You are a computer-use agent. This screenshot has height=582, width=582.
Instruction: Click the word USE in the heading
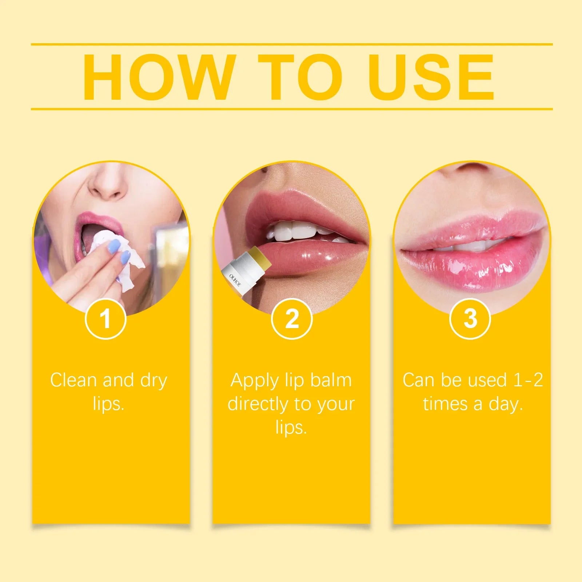431,77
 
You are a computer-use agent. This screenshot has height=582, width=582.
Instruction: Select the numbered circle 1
105,319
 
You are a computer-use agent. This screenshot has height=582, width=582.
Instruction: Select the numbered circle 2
292,319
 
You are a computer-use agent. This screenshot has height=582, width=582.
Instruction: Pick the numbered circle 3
470,319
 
